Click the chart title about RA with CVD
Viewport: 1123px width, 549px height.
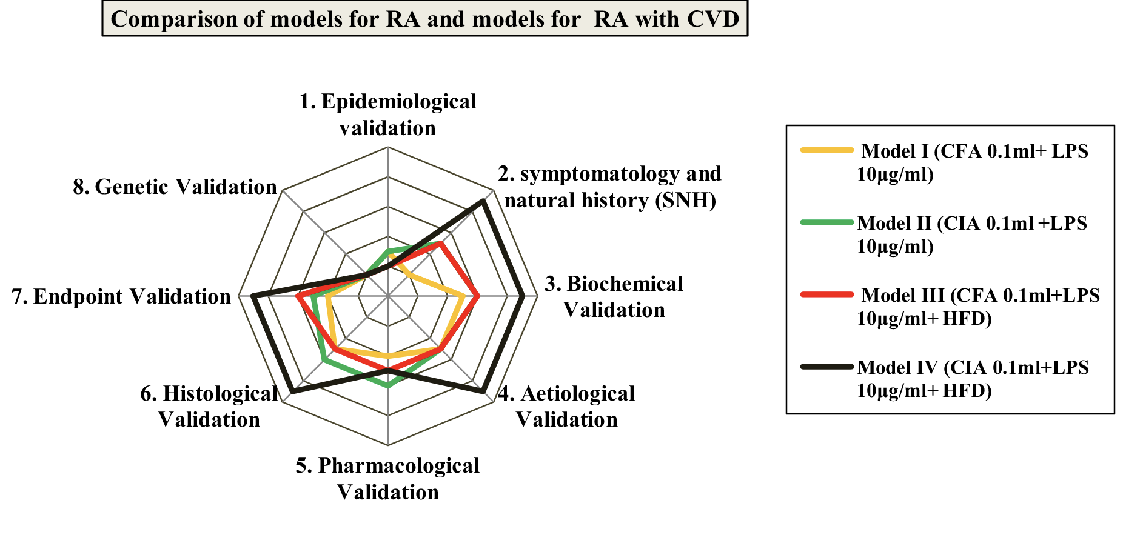[x=424, y=19]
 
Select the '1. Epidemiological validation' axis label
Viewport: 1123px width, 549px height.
[x=387, y=115]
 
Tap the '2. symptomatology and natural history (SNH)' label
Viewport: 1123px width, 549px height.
[x=610, y=187]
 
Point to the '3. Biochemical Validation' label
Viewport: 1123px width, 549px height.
[x=614, y=296]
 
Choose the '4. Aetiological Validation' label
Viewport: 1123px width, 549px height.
[x=567, y=406]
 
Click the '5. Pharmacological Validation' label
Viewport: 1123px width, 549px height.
[x=387, y=479]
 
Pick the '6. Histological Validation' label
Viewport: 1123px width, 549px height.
[x=209, y=406]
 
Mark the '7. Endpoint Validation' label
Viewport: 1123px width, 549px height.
[x=121, y=296]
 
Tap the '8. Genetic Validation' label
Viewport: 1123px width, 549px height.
[x=175, y=187]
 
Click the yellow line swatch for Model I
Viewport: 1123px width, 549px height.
[x=826, y=150]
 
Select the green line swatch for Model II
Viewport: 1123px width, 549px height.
[x=826, y=222]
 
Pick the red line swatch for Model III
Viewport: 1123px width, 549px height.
[x=826, y=294]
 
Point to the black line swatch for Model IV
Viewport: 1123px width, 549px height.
[x=826, y=366]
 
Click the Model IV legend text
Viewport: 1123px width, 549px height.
[x=973, y=379]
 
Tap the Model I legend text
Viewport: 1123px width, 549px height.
[x=973, y=162]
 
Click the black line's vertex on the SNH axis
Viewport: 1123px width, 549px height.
[x=483, y=201]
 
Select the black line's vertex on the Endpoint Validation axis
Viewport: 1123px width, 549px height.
[x=253, y=296]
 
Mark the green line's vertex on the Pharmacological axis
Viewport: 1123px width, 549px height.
[x=388, y=385]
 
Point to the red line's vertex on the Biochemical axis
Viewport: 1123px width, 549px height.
[x=478, y=296]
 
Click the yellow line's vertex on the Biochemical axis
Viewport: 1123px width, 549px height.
[x=463, y=296]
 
